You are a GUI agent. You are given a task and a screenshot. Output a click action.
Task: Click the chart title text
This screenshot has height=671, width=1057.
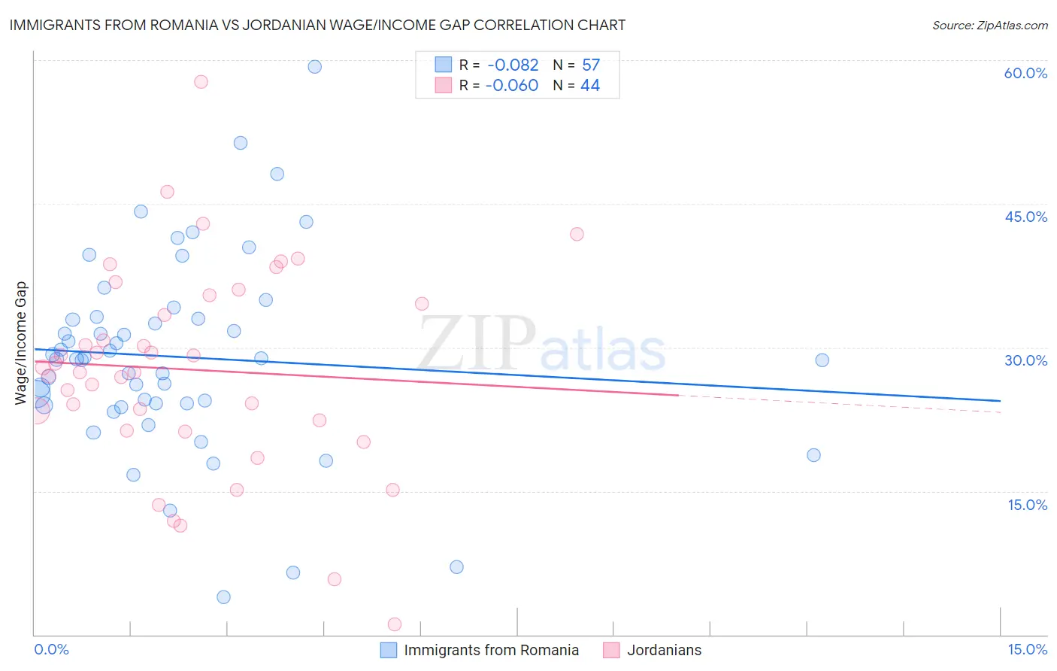tap(317, 26)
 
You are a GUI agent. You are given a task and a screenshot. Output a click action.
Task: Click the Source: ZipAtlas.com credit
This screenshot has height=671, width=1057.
tap(989, 26)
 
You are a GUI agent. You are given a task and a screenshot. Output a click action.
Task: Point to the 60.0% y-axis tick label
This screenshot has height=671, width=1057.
tap(1025, 73)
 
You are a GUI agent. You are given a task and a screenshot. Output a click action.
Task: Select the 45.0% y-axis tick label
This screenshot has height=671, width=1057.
tap(1025, 217)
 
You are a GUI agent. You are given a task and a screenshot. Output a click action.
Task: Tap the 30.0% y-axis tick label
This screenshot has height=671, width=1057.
tap(1025, 360)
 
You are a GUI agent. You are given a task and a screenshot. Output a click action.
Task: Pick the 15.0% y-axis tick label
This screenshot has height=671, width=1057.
tap(1027, 504)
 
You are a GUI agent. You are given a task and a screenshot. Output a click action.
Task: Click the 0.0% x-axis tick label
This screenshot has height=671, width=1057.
tap(51, 649)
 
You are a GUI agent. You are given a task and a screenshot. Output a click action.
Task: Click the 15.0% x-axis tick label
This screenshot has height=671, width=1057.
tap(1027, 649)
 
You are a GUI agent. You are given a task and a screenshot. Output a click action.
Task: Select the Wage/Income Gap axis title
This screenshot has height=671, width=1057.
tap(21, 343)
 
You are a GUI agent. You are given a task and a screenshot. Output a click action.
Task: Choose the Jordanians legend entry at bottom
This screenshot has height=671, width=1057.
tap(664, 650)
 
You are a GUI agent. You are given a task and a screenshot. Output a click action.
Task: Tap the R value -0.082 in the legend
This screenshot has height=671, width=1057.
tap(512, 65)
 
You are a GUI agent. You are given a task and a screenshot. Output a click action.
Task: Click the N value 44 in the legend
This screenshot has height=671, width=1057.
tap(590, 86)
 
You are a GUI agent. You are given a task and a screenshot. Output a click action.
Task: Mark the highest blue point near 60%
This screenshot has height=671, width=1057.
tap(315, 67)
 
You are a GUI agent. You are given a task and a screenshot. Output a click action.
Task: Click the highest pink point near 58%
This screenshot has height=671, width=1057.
tap(201, 82)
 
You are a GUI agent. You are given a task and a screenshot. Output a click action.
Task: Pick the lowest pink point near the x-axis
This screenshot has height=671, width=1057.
tap(395, 624)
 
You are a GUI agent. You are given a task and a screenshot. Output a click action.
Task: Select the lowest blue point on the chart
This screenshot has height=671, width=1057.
tap(223, 597)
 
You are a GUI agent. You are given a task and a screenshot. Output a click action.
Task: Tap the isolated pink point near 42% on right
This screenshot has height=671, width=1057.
tap(577, 234)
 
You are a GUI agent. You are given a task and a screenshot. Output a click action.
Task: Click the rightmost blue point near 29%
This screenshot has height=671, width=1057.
tap(822, 360)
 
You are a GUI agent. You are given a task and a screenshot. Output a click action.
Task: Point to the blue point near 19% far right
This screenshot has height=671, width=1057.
tap(813, 455)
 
